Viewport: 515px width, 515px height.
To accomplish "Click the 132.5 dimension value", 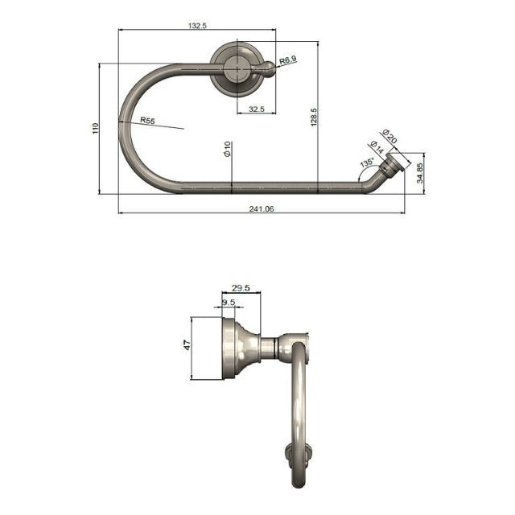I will click(198, 26).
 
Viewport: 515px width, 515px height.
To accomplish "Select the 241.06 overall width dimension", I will click(262, 208).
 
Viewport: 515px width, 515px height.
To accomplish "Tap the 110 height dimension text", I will click(96, 128).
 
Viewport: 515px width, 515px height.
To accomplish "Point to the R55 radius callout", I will click(146, 120).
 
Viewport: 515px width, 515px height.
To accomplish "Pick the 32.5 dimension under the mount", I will click(257, 109).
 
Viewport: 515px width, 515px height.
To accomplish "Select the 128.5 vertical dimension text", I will click(315, 117).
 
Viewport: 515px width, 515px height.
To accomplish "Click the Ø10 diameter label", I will click(228, 149).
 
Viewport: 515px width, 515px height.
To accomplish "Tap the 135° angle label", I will click(367, 163).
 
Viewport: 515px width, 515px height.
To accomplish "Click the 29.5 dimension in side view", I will click(241, 287).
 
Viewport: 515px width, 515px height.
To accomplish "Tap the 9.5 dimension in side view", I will click(228, 303).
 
